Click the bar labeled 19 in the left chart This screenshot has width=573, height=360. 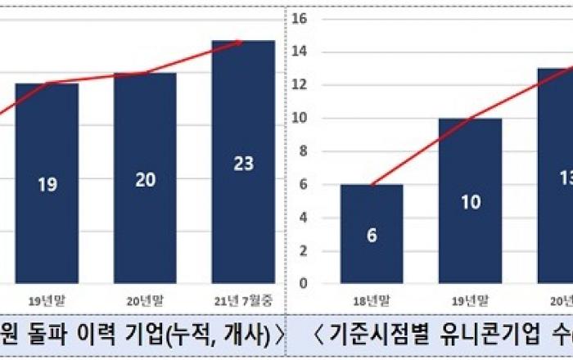point(47,183)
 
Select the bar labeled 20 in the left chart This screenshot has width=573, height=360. point(145,178)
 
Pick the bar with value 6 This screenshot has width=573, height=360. point(372,234)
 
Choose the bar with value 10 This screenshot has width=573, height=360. point(470,201)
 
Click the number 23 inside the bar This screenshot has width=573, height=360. point(243,164)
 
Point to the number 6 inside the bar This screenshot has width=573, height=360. point(372,235)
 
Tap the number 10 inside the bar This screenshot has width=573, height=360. point(470,202)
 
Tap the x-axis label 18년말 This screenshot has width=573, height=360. point(372,300)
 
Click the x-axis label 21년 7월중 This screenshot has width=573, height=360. point(243,300)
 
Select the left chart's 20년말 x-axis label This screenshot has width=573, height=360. point(145,300)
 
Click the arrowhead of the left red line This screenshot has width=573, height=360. point(238,41)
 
